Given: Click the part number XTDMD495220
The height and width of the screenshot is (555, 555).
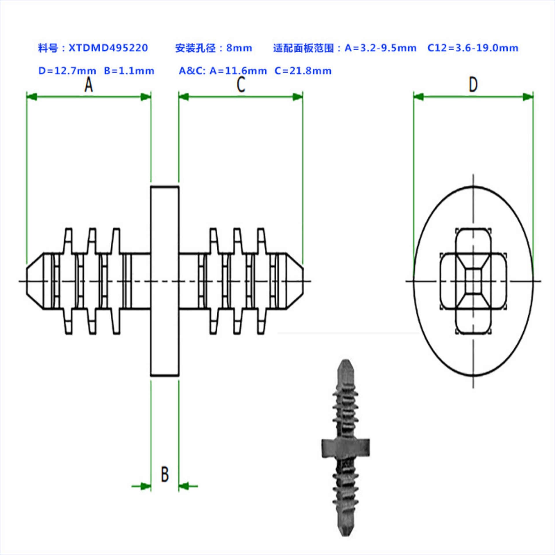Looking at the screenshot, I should [x=108, y=48].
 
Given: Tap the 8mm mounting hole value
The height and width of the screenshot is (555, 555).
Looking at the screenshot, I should [x=239, y=48].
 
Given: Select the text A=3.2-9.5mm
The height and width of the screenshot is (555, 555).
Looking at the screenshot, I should [x=380, y=48].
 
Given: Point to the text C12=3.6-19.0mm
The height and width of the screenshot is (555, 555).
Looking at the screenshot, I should [x=473, y=48].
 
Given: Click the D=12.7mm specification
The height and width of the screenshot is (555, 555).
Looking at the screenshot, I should [x=67, y=71].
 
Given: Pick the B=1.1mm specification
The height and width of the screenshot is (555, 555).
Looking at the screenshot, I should [x=129, y=71].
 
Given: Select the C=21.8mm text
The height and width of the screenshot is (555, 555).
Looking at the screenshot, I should [x=303, y=71].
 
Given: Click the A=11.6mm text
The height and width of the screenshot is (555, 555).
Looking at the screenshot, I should [x=238, y=71].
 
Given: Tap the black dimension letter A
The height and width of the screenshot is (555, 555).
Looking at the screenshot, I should [x=89, y=85].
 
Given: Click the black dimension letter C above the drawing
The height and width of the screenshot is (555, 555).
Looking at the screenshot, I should [x=241, y=85].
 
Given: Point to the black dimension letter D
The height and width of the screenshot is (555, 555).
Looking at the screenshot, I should [x=473, y=85].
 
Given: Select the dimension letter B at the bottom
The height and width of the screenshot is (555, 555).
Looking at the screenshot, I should [x=165, y=474].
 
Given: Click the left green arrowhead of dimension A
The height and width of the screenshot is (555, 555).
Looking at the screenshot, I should [x=32, y=97].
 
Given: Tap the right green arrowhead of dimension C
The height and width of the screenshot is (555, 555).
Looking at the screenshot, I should [x=298, y=97].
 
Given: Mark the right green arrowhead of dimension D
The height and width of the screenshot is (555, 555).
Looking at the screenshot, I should [x=528, y=97].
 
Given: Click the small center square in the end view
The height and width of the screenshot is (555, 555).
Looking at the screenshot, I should [x=473, y=281].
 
